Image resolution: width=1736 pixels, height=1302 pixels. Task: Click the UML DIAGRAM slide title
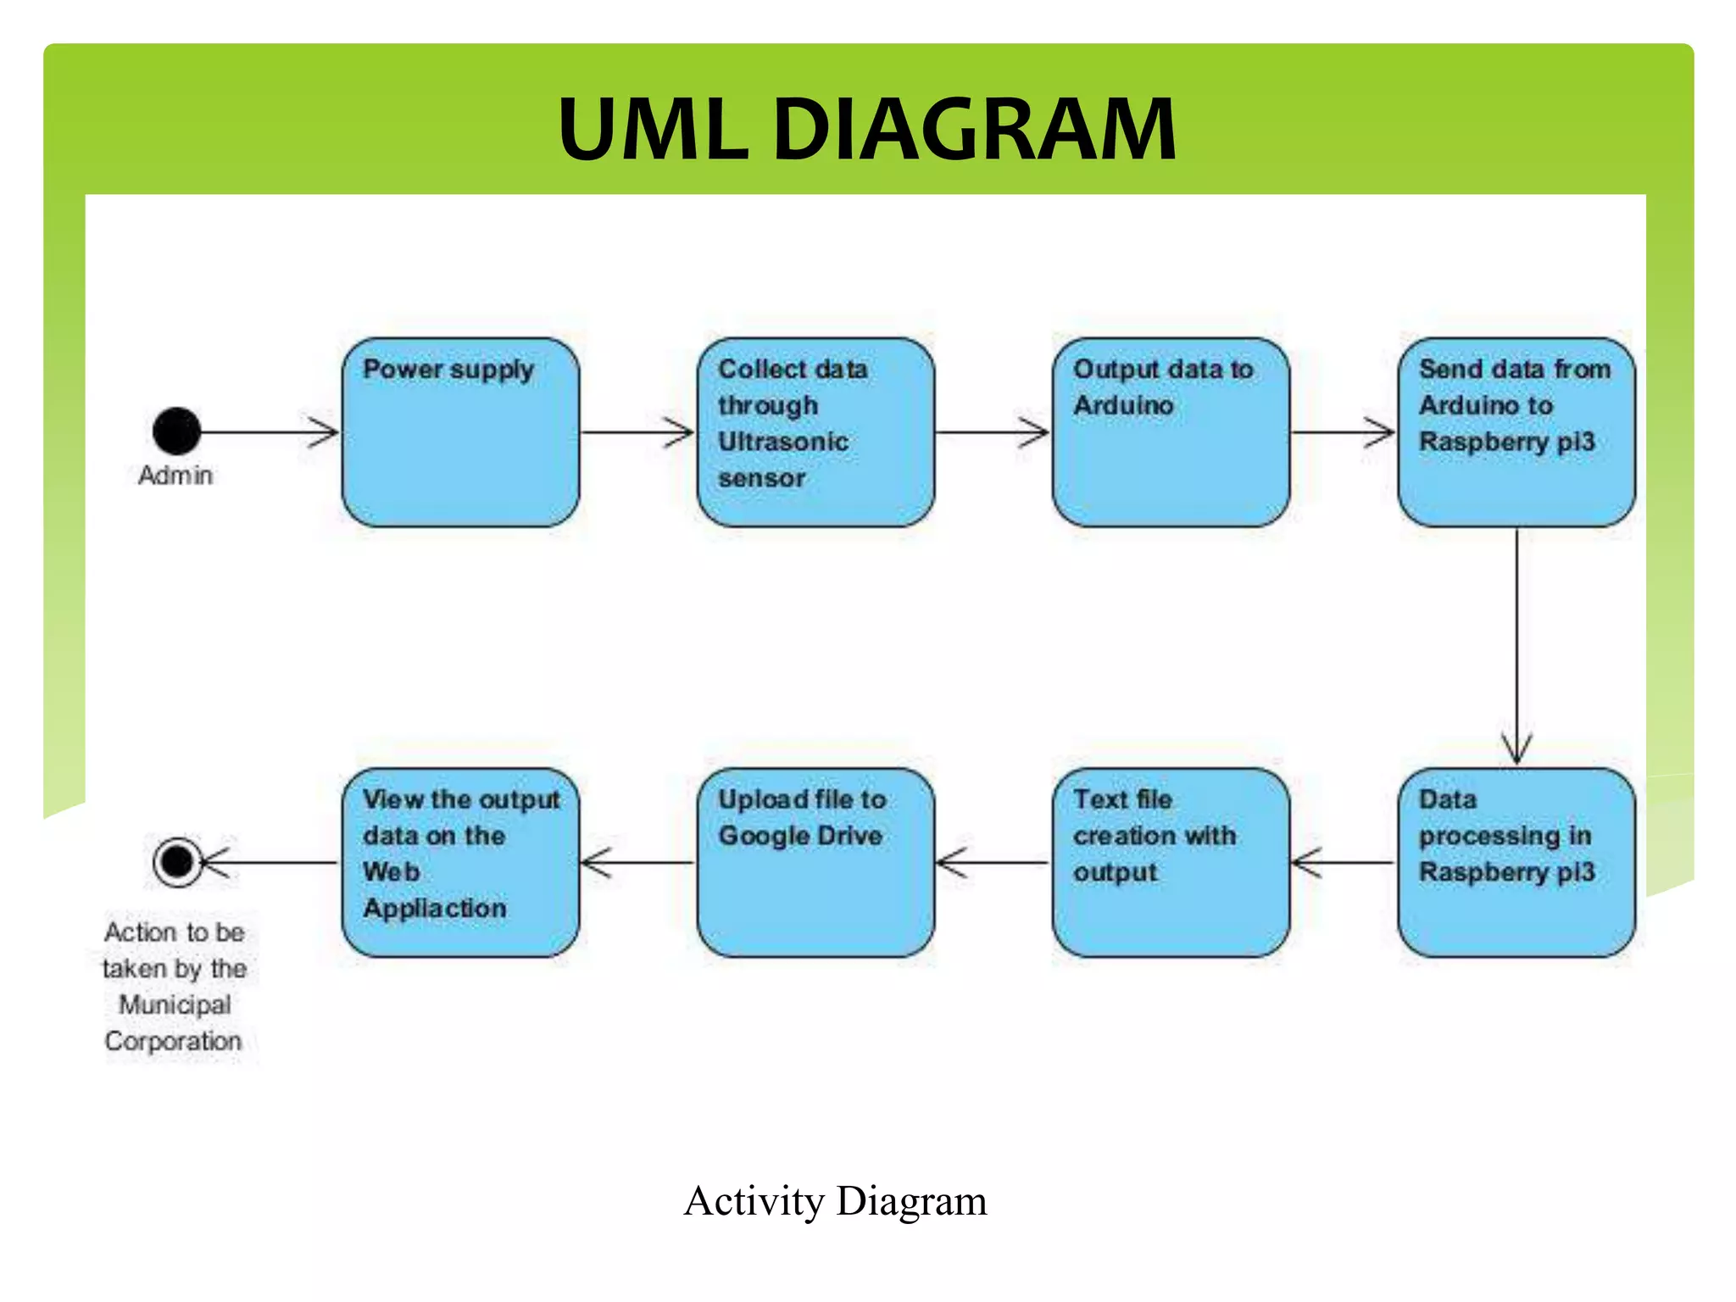pos(866,129)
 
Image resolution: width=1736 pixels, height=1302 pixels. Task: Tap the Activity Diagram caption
pos(835,1201)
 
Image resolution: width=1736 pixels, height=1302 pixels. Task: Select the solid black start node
pos(176,431)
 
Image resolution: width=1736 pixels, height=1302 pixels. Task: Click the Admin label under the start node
pos(175,476)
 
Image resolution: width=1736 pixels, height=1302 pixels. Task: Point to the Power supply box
pos(460,432)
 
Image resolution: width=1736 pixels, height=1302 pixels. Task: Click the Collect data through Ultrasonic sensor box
pos(815,432)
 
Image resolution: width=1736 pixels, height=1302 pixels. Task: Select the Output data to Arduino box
pos(1171,432)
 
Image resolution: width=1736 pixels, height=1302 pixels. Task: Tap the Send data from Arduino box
pos(1516,432)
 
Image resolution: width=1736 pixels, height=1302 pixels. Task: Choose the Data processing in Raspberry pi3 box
pos(1516,863)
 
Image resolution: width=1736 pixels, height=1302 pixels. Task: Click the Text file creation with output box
pos(1171,863)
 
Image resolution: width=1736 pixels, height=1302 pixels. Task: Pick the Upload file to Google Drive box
pos(815,863)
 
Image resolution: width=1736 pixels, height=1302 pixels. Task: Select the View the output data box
pos(460,863)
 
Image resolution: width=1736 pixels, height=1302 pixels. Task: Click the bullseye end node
pos(177,862)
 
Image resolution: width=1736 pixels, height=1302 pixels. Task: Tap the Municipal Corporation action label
pos(175,987)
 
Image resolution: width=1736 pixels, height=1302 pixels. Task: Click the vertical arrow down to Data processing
pos(1516,644)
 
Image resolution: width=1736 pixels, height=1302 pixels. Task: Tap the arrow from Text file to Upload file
pos(993,863)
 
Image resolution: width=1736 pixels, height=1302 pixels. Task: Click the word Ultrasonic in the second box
pos(782,442)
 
